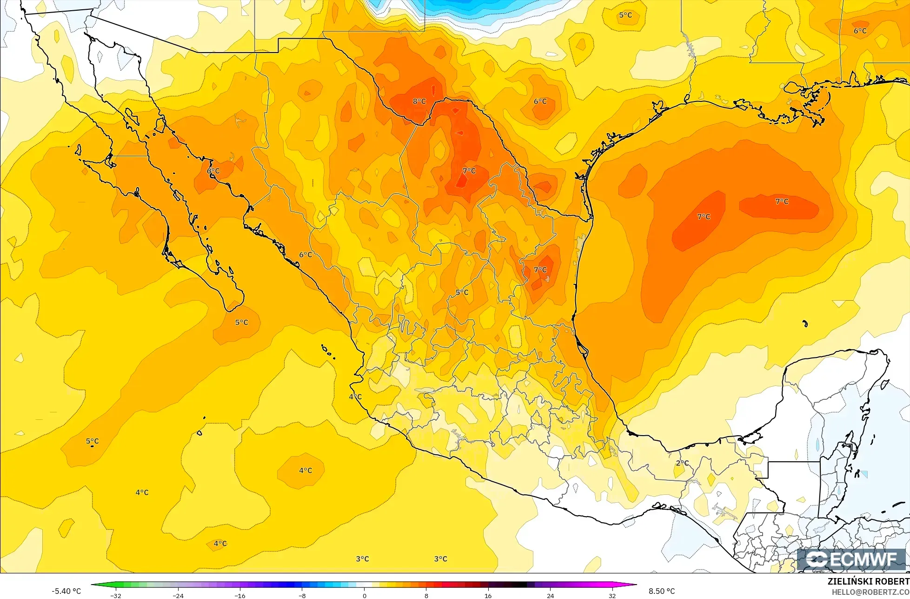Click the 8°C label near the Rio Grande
(x=419, y=101)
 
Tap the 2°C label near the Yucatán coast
(x=682, y=463)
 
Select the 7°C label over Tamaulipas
(x=540, y=270)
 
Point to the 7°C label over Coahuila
(x=469, y=171)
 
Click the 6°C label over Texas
(x=540, y=101)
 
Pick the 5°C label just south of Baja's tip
(x=241, y=323)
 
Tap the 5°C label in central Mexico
(x=462, y=293)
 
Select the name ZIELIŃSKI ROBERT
(x=868, y=581)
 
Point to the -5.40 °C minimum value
(x=66, y=591)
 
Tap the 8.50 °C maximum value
(x=662, y=591)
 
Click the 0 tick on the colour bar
(x=364, y=596)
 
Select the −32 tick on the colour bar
(x=116, y=596)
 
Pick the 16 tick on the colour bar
(x=488, y=596)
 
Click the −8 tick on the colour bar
(x=302, y=596)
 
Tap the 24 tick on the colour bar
(x=551, y=596)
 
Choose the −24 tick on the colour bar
(x=178, y=596)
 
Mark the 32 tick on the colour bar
(x=612, y=596)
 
